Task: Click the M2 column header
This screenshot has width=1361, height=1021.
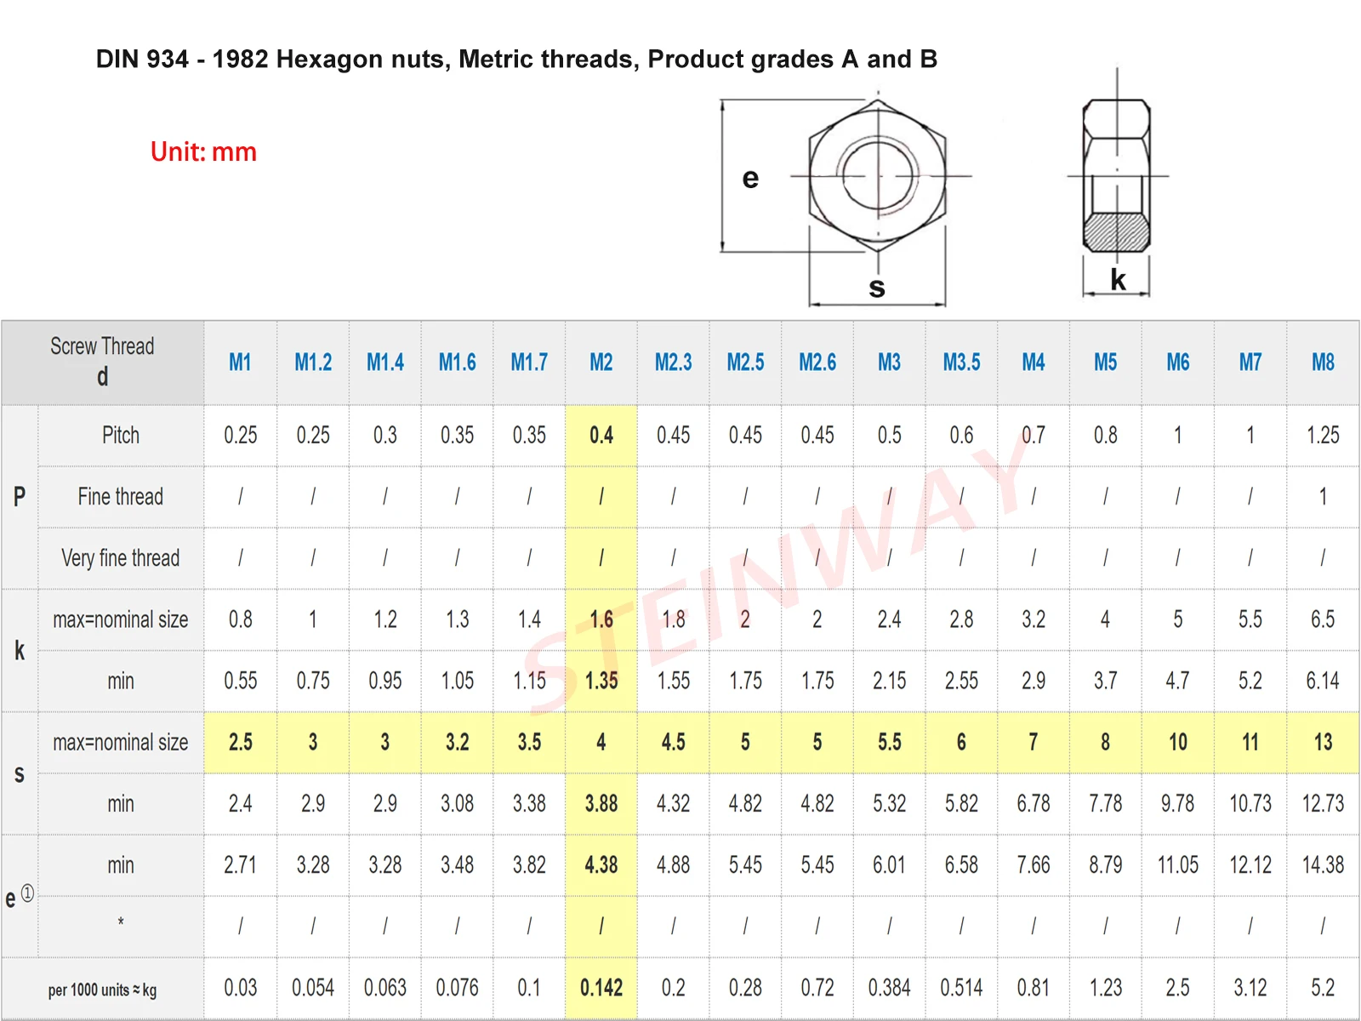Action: click(x=601, y=362)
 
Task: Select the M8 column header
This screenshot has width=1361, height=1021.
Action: click(x=1323, y=362)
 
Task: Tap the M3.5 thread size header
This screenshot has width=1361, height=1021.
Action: click(x=961, y=362)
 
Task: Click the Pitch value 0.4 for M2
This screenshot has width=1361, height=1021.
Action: click(x=601, y=436)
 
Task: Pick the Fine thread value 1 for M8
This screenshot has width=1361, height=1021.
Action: click(x=1323, y=497)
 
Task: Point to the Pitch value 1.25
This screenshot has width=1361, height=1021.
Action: click(x=1323, y=436)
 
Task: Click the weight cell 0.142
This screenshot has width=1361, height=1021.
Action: click(x=601, y=988)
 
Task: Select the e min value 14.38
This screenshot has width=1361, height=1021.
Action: click(x=1323, y=865)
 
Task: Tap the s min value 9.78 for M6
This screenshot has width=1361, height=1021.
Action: click(x=1178, y=804)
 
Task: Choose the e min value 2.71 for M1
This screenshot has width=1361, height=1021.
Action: click(x=241, y=865)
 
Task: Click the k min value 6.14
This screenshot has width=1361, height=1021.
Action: click(x=1323, y=681)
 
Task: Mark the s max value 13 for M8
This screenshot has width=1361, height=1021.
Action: click(x=1323, y=743)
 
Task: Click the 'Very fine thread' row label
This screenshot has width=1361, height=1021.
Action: click(x=121, y=558)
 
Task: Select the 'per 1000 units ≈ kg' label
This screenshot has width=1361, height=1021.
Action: click(x=102, y=990)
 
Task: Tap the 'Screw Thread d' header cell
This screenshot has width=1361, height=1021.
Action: click(x=102, y=362)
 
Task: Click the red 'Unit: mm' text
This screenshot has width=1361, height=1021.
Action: click(x=203, y=152)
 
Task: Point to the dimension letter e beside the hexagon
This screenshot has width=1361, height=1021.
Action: click(x=750, y=179)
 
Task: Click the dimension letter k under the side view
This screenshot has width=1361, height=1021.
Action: click(x=1118, y=280)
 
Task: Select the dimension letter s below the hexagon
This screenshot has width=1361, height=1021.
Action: click(x=877, y=288)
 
